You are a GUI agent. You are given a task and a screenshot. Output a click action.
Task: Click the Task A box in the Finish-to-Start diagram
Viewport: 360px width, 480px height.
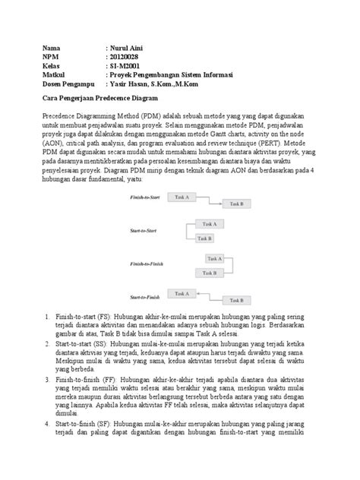[x=182, y=197]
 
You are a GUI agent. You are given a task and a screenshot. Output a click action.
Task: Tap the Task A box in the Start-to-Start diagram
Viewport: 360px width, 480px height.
[x=207, y=224]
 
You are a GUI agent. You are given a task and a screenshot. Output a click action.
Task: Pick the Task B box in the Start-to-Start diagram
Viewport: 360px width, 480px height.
[x=204, y=238]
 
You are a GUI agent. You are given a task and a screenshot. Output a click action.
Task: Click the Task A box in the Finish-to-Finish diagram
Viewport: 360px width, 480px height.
[x=214, y=258]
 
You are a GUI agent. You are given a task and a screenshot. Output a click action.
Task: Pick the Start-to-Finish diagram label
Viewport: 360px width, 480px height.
[x=147, y=296]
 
